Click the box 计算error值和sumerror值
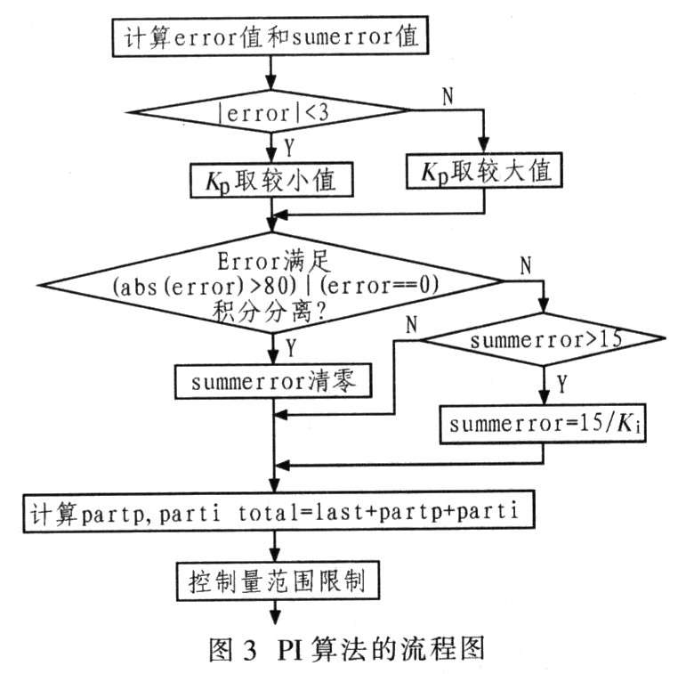coord(272,37)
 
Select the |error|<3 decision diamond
coord(272,110)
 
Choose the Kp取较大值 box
coord(484,170)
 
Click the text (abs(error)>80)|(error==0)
coord(272,286)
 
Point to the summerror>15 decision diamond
coord(542,339)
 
